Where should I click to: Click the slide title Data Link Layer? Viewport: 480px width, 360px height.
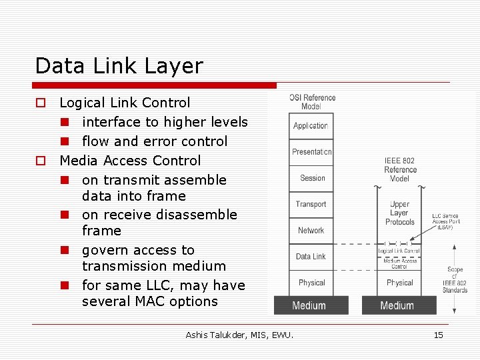(x=119, y=66)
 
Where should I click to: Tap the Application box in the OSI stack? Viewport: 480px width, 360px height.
(x=311, y=126)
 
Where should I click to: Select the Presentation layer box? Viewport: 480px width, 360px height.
(x=311, y=152)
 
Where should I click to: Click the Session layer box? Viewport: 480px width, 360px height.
(x=311, y=178)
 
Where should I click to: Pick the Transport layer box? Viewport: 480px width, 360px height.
(x=311, y=204)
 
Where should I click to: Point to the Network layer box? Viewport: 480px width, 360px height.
(x=311, y=230)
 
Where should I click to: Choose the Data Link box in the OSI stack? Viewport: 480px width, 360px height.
(x=311, y=256)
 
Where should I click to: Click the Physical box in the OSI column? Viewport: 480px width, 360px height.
(x=311, y=283)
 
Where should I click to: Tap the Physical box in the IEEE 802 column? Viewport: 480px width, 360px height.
(x=399, y=283)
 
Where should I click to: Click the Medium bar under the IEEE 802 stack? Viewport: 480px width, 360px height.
(x=397, y=305)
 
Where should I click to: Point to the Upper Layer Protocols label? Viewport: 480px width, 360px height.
(x=400, y=213)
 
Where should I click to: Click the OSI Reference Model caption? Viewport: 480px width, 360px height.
(x=311, y=102)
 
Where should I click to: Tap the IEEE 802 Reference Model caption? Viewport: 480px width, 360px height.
(x=399, y=169)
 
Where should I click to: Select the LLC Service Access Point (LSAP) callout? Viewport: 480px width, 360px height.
(x=445, y=221)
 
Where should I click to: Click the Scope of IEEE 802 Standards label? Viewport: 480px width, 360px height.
(x=455, y=279)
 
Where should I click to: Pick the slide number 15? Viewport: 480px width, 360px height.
(x=438, y=335)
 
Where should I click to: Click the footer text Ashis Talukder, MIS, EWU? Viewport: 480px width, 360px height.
(x=239, y=335)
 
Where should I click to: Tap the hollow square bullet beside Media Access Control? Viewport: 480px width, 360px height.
(x=41, y=161)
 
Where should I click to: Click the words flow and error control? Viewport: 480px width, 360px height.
(x=155, y=141)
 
